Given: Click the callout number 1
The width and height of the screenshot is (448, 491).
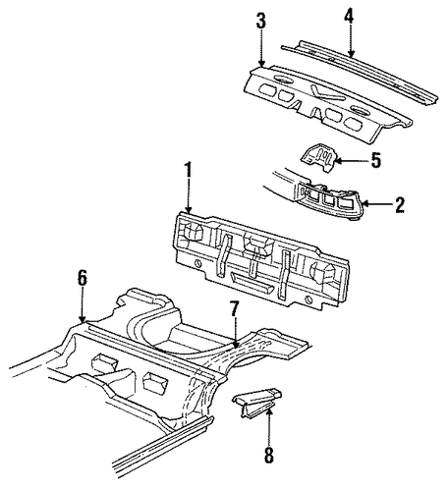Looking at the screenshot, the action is (x=188, y=171).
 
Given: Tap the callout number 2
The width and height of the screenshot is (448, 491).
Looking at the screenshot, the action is (x=400, y=205).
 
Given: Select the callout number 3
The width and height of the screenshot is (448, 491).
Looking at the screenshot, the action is (x=261, y=21).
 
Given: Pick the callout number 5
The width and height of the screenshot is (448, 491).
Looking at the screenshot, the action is (x=375, y=160).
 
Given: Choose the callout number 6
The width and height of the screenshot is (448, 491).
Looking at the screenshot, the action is (x=83, y=279).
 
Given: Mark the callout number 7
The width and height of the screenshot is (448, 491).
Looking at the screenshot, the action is (x=234, y=308).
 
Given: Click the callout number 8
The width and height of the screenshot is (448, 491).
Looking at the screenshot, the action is (x=268, y=455).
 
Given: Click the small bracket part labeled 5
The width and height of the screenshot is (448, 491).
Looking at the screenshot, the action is (x=318, y=158).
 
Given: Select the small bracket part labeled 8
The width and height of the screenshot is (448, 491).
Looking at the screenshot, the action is (x=256, y=401).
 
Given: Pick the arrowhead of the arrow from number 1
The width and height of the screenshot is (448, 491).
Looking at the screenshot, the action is (x=189, y=209).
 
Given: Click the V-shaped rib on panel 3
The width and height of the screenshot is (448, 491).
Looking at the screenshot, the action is (x=325, y=93).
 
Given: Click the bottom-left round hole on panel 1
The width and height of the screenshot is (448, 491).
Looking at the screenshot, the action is (x=197, y=263).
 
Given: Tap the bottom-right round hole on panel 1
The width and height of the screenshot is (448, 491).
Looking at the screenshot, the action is (x=308, y=299).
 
